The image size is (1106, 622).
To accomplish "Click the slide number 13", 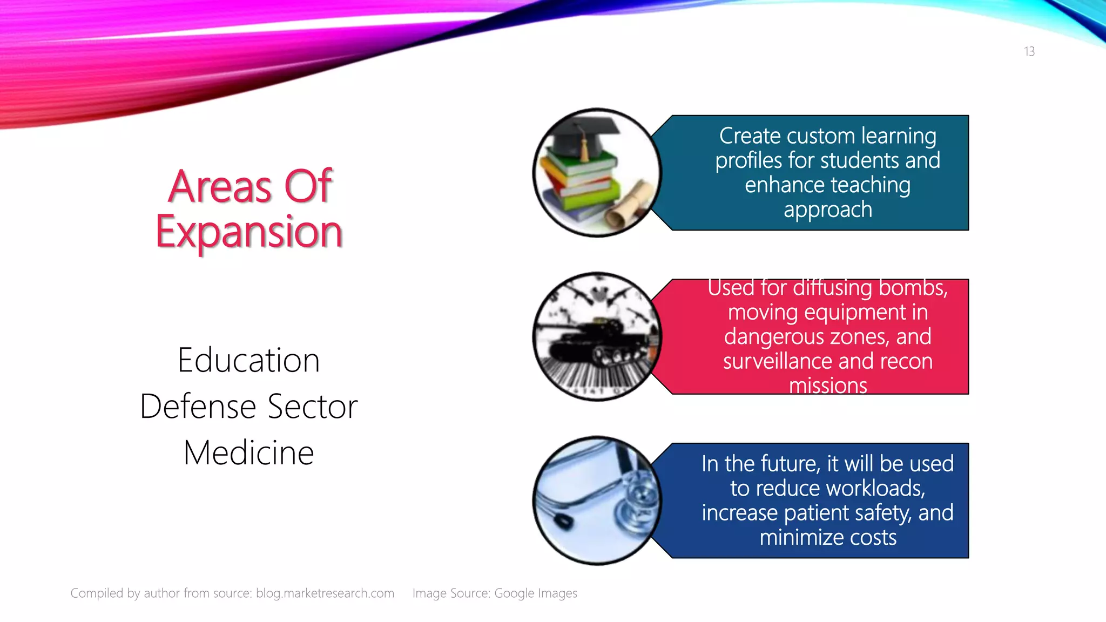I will pos(1029,51).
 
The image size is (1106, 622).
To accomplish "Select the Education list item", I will pos(248,360).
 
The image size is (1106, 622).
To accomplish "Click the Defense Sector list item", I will pos(248,407).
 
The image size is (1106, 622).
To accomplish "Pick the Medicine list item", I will pos(248,452).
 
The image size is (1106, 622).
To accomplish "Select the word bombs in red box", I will pos(913,288).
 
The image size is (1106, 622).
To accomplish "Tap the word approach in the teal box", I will pos(827,209).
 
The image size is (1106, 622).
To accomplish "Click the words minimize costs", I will pos(827,538).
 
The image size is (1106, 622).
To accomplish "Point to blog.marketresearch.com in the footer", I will pos(325,593).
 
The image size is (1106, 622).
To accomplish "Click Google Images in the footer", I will pos(535,593).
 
